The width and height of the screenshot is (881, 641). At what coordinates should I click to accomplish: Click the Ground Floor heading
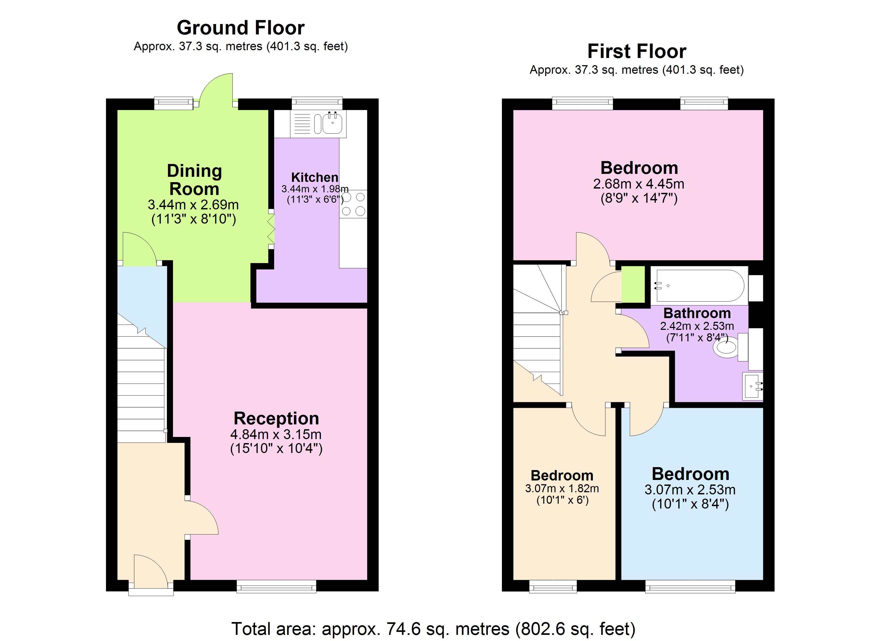241,28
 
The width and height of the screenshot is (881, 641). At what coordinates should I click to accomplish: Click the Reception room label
276,419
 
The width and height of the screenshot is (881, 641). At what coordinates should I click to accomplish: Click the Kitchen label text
315,178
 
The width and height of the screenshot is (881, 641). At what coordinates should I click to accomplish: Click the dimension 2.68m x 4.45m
639,184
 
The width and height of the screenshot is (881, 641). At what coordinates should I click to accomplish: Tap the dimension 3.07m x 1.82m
562,488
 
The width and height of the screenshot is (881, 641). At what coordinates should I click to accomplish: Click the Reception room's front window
276,586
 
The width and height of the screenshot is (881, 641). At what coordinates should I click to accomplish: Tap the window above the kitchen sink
317,103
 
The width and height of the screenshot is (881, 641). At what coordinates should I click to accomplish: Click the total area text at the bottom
433,628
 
